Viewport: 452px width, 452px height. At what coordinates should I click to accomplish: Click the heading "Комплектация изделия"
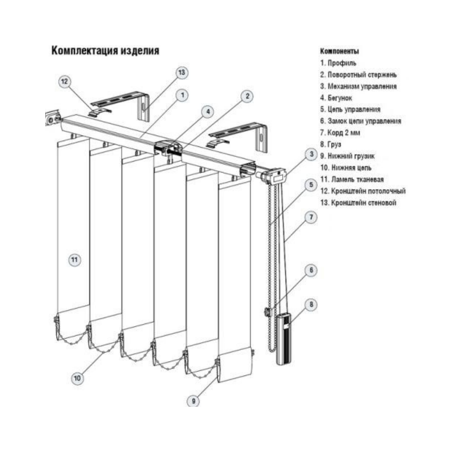pos(105,51)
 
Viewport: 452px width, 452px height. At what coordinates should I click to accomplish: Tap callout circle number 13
pos(181,73)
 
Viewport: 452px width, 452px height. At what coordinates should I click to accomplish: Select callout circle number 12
pos(64,82)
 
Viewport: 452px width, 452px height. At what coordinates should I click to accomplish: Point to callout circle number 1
pos(182,95)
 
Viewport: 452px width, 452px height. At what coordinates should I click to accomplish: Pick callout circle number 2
pos(247,96)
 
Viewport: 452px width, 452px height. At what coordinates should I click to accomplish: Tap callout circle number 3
pos(311,154)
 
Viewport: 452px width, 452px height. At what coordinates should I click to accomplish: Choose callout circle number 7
pos(311,218)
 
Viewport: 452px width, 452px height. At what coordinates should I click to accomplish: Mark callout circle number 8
pos(311,305)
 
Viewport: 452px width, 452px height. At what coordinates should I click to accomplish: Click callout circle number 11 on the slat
pos(74,260)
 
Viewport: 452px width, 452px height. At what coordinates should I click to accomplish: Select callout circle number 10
pos(77,378)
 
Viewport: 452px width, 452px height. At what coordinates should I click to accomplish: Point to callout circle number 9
pos(193,401)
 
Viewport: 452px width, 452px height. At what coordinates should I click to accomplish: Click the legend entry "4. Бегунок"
pos(336,98)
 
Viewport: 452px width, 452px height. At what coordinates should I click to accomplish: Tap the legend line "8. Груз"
pos(330,144)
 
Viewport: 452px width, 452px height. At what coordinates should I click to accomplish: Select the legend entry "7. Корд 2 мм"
pos(340,133)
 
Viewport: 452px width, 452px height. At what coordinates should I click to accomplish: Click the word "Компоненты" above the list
pos(339,51)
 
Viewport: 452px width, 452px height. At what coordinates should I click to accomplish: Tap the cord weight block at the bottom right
pos(284,339)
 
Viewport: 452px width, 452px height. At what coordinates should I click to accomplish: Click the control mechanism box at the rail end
pos(277,176)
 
